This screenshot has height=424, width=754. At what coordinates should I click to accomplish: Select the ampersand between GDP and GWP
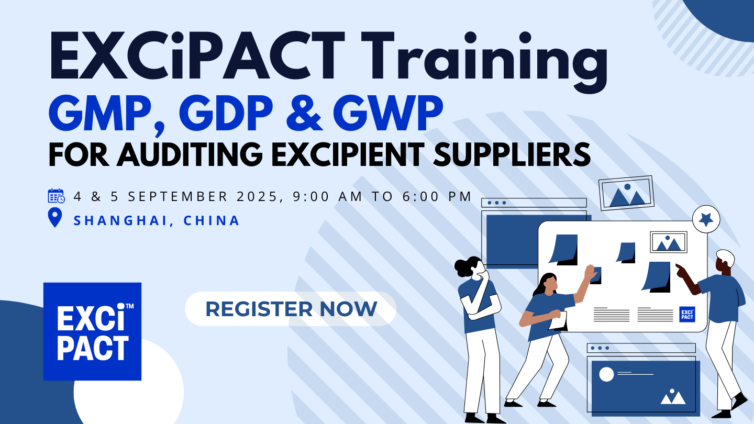tap(304, 114)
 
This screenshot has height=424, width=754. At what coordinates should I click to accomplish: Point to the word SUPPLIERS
tap(512, 154)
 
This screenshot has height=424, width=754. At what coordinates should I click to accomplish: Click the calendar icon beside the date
tap(56, 196)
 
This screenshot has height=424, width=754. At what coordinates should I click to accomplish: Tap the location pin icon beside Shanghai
tap(55, 217)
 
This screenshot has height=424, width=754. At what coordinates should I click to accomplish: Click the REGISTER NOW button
tap(291, 309)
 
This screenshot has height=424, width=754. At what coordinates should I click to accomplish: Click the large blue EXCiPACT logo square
tap(92, 331)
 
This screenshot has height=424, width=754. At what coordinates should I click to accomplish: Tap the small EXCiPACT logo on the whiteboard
tap(687, 314)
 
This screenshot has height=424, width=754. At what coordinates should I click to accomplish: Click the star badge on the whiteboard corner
tap(706, 219)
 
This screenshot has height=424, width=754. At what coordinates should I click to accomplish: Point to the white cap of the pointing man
tap(726, 257)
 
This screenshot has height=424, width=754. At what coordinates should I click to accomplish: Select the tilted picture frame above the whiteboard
tap(626, 193)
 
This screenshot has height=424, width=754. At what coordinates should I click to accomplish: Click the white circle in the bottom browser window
tap(606, 375)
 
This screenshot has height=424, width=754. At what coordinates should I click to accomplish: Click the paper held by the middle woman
tap(559, 321)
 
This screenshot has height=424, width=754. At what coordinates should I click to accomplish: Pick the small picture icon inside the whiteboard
tap(669, 242)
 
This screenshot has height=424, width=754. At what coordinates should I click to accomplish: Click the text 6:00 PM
tap(437, 196)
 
